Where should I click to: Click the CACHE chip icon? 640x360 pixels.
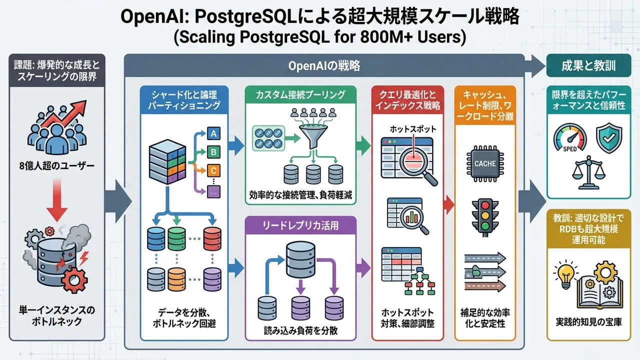pyautogui.click(x=485, y=163)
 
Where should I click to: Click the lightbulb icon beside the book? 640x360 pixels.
pyautogui.click(x=565, y=274)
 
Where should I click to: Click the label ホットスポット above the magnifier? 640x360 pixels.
pyautogui.click(x=413, y=129)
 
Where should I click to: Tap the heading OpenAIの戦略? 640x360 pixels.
pyautogui.click(x=324, y=66)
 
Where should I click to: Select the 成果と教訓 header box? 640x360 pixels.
pyautogui.click(x=588, y=65)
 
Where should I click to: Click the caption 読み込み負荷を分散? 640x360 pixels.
pyautogui.click(x=301, y=331)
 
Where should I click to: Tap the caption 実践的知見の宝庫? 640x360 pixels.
pyautogui.click(x=589, y=321)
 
